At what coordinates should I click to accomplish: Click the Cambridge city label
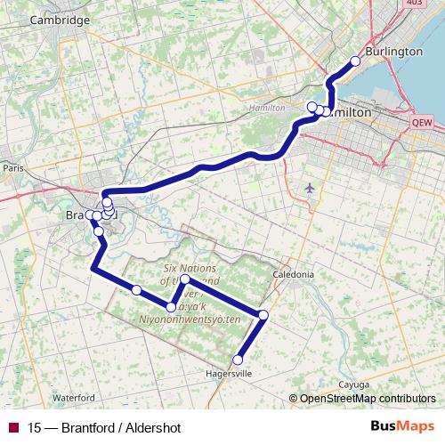(x=60, y=20)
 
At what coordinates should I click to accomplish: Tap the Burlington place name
(x=392, y=51)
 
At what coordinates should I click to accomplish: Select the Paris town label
(x=12, y=167)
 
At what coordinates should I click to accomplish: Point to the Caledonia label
(x=294, y=275)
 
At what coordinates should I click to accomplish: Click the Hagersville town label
(x=229, y=374)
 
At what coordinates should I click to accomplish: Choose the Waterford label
(x=73, y=397)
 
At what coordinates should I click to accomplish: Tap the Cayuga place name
(x=354, y=384)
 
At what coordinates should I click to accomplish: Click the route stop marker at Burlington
(x=355, y=61)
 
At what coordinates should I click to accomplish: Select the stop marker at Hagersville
(x=238, y=360)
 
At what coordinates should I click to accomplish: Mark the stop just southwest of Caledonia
(x=263, y=314)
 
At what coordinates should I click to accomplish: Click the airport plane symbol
(x=309, y=188)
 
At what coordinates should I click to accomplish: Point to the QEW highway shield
(x=422, y=123)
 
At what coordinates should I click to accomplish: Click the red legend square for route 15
(x=13, y=428)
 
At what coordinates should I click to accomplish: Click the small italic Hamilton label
(x=268, y=107)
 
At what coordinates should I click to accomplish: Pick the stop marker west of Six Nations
(x=137, y=290)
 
